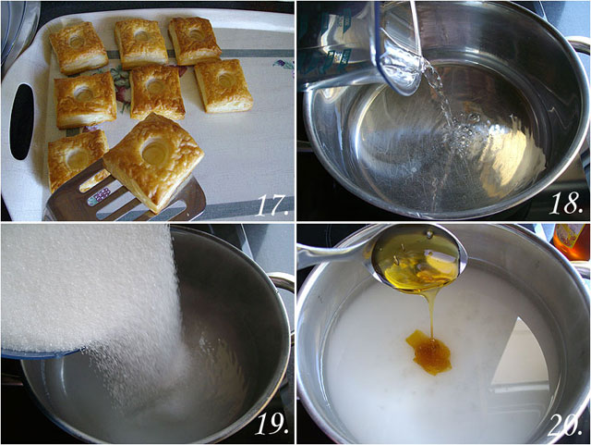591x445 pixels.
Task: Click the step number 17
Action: [x=273, y=205]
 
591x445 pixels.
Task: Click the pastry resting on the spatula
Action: [x=154, y=162]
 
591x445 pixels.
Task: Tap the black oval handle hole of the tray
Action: [x=22, y=121]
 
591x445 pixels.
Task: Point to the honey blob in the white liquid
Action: [x=428, y=352]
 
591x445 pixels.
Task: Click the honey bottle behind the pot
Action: [x=572, y=241]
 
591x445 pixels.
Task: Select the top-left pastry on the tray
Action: [x=78, y=48]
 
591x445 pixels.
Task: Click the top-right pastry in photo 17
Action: [x=194, y=41]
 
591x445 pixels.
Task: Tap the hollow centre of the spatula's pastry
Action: [x=154, y=150]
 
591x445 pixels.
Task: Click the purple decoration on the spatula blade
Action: [x=101, y=196]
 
